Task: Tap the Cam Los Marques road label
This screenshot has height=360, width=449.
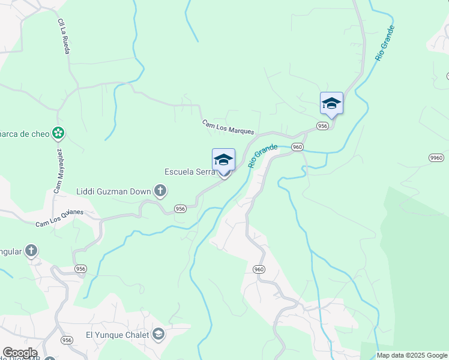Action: (x=228, y=127)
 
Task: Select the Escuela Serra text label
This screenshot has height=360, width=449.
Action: (x=190, y=172)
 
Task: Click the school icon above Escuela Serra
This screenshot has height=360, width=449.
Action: (x=223, y=160)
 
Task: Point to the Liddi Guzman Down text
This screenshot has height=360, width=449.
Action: (x=113, y=192)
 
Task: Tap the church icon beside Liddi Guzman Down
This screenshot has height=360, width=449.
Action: (x=160, y=192)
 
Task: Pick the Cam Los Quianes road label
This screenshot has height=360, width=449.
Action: (x=59, y=218)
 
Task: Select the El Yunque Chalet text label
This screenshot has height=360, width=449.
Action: (x=118, y=335)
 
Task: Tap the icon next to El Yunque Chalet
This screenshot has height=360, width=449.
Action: (x=158, y=334)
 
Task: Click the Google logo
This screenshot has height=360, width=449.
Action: (x=20, y=353)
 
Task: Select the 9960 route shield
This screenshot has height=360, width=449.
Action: (x=436, y=158)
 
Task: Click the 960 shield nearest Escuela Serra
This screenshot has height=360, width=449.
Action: (x=297, y=147)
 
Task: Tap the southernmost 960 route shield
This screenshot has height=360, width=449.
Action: (x=259, y=269)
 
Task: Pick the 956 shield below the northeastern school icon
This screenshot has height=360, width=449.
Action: (x=323, y=126)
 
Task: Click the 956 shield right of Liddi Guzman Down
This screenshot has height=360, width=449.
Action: (x=180, y=208)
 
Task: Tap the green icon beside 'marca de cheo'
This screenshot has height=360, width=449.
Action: (x=58, y=132)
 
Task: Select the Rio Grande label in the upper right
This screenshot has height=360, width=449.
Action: (x=385, y=42)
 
